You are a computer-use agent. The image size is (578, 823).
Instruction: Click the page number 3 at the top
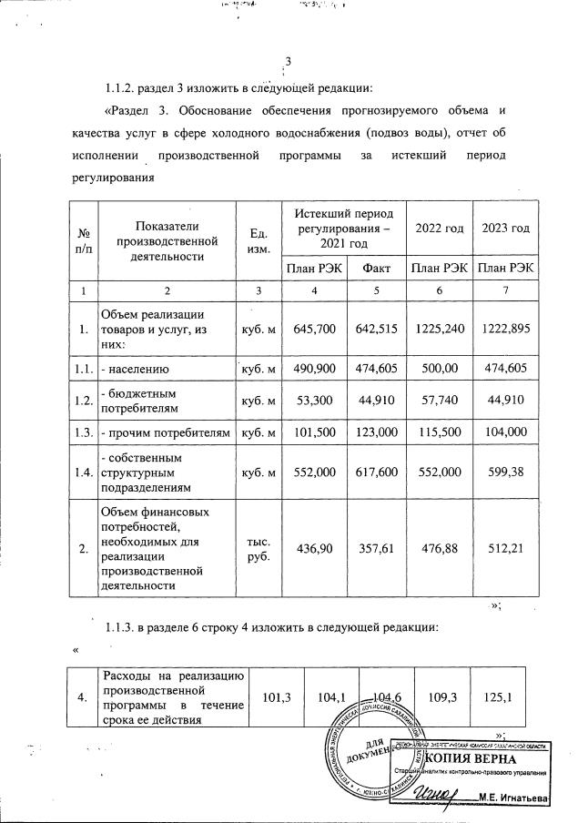[288, 63]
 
